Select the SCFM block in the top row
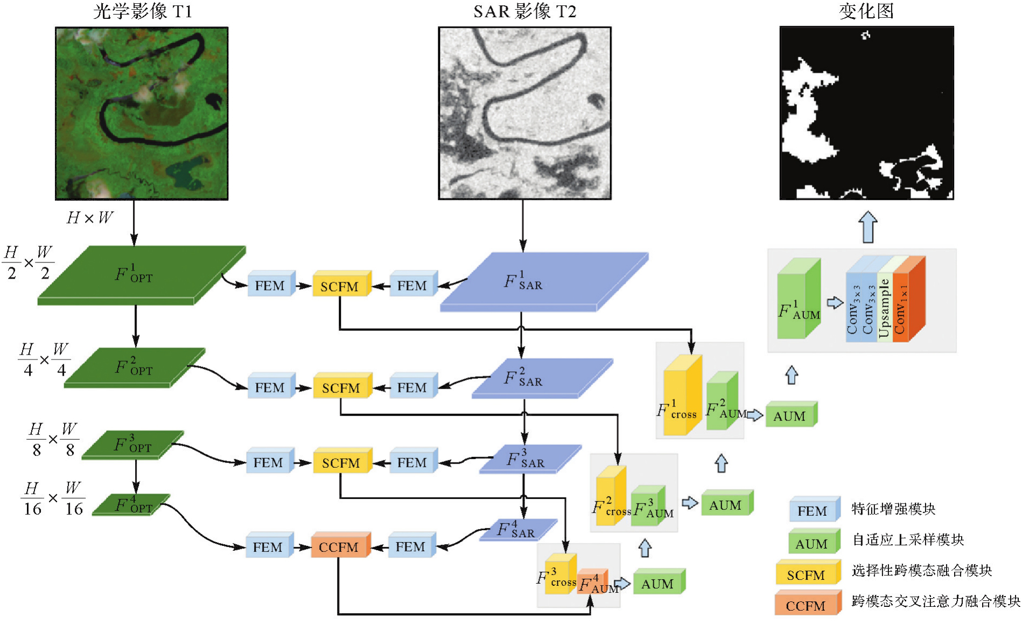point(340,285)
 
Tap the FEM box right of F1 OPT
point(270,285)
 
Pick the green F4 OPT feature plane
point(131,504)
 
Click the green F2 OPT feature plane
point(135,368)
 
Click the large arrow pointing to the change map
point(867,226)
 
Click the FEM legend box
point(813,510)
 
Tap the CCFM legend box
point(806,604)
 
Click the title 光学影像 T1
point(142,11)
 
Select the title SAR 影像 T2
point(524,11)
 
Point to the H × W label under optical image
point(89,218)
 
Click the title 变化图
point(866,11)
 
